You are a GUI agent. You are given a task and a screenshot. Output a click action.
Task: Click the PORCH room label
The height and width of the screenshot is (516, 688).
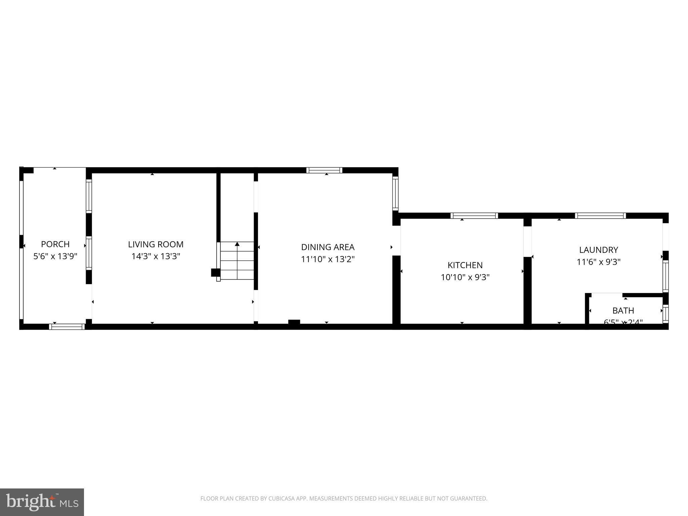pyautogui.click(x=55, y=244)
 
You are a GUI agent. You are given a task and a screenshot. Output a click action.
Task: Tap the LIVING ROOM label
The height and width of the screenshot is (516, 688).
pyautogui.click(x=156, y=244)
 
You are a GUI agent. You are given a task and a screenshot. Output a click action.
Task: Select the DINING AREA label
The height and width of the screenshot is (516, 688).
pyautogui.click(x=328, y=247)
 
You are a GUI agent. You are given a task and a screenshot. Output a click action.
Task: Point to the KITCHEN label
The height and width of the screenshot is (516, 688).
pyautogui.click(x=465, y=265)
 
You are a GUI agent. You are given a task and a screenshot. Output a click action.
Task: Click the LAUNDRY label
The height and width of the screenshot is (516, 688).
pyautogui.click(x=598, y=250)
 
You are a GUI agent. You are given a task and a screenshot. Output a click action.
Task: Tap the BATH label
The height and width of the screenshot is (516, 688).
pyautogui.click(x=623, y=310)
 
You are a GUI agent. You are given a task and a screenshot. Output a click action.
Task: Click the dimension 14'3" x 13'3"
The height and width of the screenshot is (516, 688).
pyautogui.click(x=156, y=256)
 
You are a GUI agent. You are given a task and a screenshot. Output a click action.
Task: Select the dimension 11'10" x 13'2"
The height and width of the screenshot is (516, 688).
pyautogui.click(x=328, y=259)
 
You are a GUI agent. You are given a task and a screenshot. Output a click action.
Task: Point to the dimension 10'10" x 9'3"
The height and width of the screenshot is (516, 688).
pyautogui.click(x=465, y=277)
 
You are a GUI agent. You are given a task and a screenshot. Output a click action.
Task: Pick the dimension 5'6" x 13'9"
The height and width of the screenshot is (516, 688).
pyautogui.click(x=55, y=256)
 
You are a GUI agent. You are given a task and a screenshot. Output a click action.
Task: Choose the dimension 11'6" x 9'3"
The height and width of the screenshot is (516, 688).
pyautogui.click(x=598, y=262)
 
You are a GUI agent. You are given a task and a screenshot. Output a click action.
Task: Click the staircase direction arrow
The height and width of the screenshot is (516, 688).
pyautogui.click(x=237, y=245)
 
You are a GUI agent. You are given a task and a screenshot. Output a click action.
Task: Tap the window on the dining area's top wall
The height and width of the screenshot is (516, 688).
pyautogui.click(x=324, y=170)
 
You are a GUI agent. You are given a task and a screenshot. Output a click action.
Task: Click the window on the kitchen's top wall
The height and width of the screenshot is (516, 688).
pyautogui.click(x=474, y=216)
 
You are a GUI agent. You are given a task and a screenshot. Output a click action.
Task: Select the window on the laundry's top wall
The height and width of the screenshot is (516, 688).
pyautogui.click(x=600, y=216)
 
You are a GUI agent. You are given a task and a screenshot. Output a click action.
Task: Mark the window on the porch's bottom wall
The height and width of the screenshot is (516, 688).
pyautogui.click(x=67, y=327)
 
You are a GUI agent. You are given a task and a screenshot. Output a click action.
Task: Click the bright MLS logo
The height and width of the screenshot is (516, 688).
pyautogui.click(x=42, y=502)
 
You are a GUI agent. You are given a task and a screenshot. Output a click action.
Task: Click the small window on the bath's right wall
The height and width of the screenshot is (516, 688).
pyautogui.click(x=665, y=314)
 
